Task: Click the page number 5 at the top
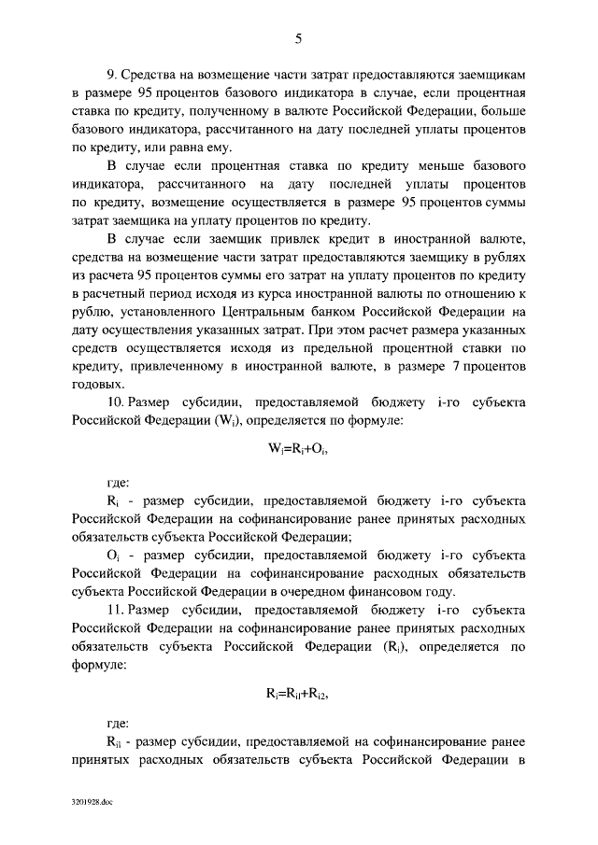coord(298,38)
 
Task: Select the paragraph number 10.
coord(116,402)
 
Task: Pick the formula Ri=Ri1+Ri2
coord(298,694)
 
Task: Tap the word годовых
coord(95,384)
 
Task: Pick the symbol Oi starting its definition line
coord(113,556)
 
